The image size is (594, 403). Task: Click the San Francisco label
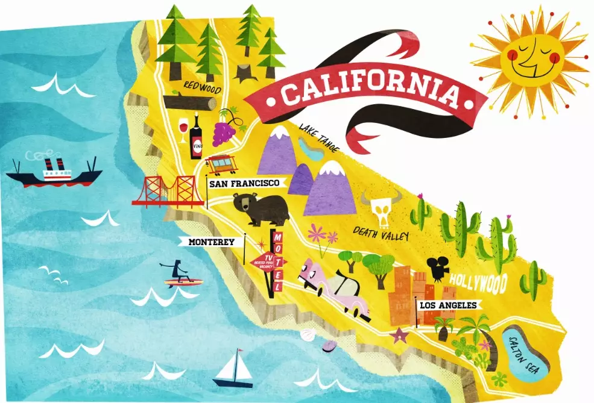pos(245,183)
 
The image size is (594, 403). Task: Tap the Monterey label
pos(211,242)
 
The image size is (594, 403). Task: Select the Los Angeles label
pos(448,305)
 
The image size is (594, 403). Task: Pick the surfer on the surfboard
pos(179,275)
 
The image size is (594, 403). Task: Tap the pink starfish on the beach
pos(398,334)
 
